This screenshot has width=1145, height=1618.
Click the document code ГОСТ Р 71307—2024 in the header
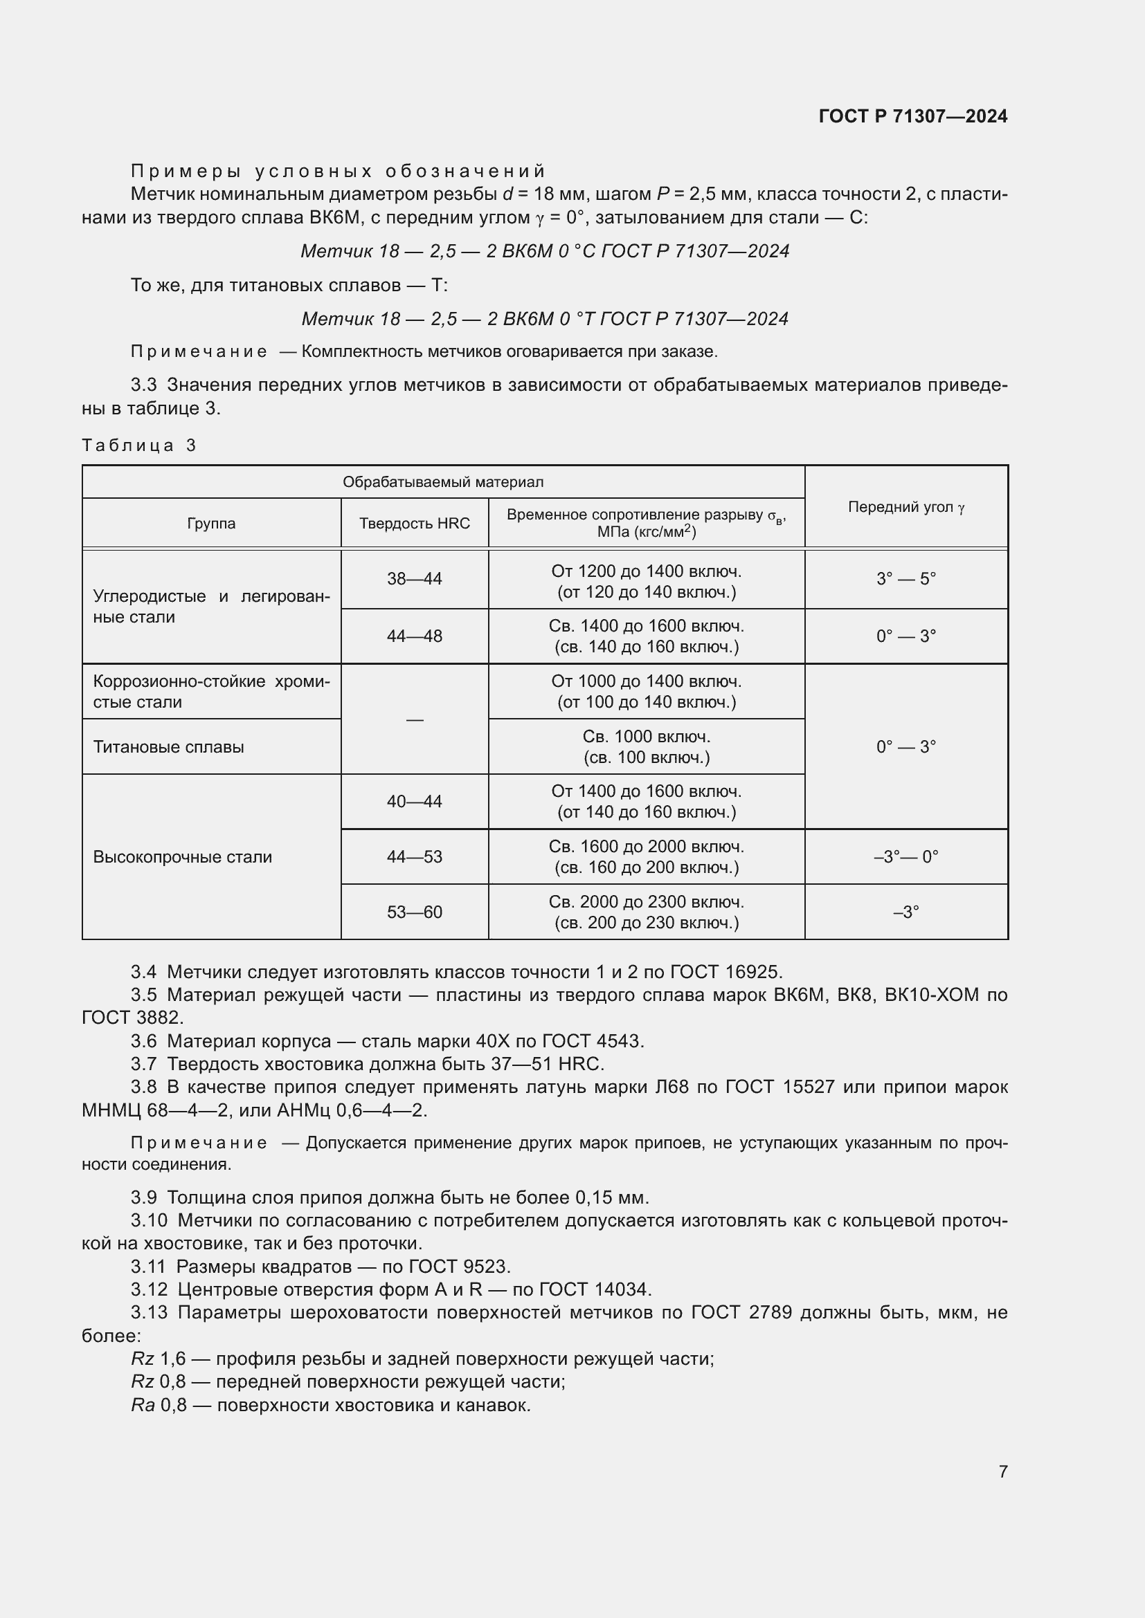coord(912,116)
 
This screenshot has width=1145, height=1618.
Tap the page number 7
coord(1002,1471)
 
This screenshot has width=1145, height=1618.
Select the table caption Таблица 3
coord(139,445)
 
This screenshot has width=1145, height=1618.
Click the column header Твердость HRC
coord(415,524)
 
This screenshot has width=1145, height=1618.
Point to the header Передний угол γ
coord(906,507)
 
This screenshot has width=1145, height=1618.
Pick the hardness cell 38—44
coord(415,579)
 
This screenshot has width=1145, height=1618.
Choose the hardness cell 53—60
coord(415,912)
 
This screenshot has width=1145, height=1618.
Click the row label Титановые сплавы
coord(168,747)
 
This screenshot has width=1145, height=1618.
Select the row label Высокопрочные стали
coord(183,858)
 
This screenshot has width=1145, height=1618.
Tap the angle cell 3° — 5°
coord(906,579)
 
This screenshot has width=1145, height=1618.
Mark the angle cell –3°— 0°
coord(906,858)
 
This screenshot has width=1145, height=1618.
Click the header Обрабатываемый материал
coord(443,483)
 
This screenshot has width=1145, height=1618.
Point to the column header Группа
coord(212,524)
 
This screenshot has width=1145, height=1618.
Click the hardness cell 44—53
coord(415,858)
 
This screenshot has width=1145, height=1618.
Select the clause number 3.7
coord(144,1064)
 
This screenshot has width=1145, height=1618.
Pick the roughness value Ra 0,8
coord(159,1405)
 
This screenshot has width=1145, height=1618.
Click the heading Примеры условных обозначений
coord(339,172)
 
